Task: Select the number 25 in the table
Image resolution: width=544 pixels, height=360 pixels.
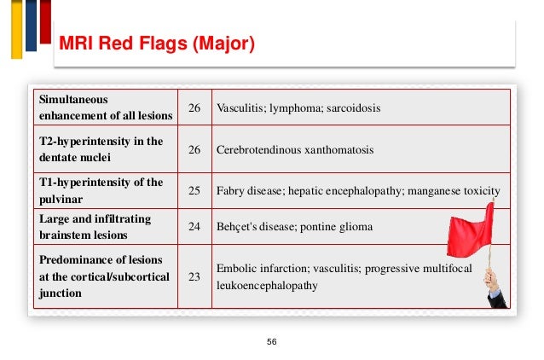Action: pyautogui.click(x=194, y=190)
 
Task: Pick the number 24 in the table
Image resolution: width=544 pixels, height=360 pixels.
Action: pyautogui.click(x=194, y=227)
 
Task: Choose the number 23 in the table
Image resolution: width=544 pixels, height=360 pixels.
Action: pyautogui.click(x=194, y=276)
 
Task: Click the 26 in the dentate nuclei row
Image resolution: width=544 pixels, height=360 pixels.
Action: pyautogui.click(x=194, y=149)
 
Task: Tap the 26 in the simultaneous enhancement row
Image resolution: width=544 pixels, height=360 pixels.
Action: pyautogui.click(x=194, y=108)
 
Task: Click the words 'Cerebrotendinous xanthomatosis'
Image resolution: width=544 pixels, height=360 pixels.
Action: pyautogui.click(x=295, y=149)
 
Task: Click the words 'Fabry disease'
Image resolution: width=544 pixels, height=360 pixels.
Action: pyautogui.click(x=247, y=190)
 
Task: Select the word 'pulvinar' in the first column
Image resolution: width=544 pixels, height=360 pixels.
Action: pyautogui.click(x=61, y=198)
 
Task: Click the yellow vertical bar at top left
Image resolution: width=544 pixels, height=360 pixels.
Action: pyautogui.click(x=16, y=29)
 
